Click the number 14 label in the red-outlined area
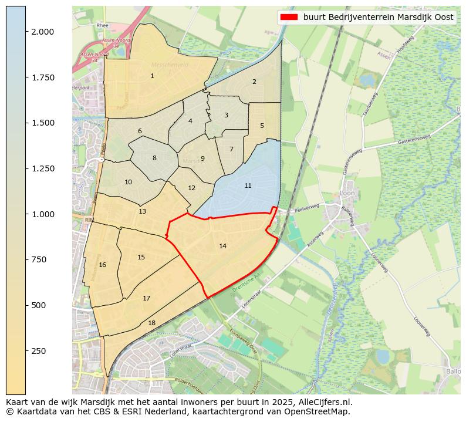click(222, 246)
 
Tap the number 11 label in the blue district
click(248, 185)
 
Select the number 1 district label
click(152, 76)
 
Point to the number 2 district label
click(254, 82)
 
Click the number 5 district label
click(262, 126)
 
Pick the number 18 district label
click(151, 323)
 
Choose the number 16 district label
click(103, 265)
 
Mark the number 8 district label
click(154, 158)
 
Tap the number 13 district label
click(143, 211)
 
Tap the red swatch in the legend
click(290, 17)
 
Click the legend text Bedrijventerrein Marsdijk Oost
click(378, 17)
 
